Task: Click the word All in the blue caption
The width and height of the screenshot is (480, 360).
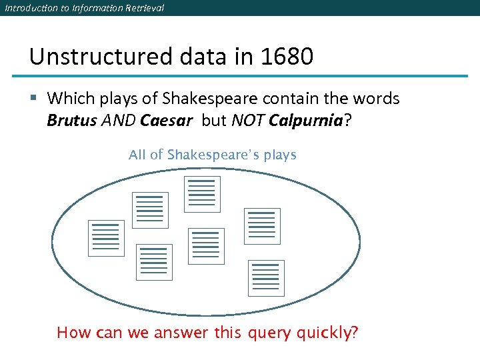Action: (137, 155)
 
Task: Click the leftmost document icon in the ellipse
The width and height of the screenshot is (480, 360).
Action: (106, 238)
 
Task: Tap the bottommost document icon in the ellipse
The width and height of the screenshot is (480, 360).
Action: (266, 278)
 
